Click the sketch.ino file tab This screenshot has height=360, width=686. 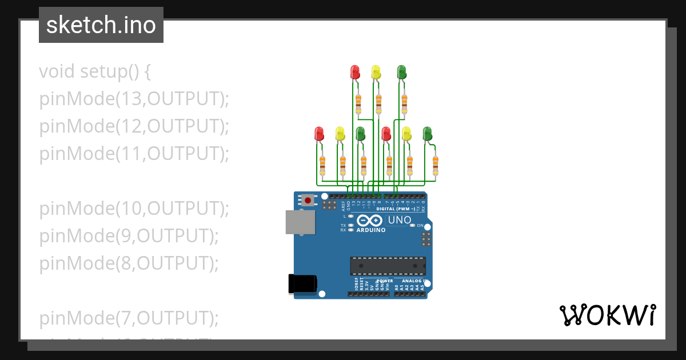click(101, 25)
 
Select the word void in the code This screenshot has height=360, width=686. click(57, 72)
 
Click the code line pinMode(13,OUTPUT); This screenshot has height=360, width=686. click(134, 99)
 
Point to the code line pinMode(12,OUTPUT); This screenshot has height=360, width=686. click(134, 126)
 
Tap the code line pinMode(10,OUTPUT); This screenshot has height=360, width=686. click(134, 209)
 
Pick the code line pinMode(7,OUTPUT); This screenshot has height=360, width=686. click(129, 318)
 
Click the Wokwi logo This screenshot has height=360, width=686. click(607, 315)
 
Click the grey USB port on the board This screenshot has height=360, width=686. click(300, 222)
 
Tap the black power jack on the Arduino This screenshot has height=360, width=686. click(302, 283)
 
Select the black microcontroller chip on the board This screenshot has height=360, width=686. click(388, 266)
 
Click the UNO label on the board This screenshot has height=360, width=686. click(400, 220)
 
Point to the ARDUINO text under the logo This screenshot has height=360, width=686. click(371, 230)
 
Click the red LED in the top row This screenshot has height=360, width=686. click(355, 72)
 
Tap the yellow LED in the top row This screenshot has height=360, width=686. click(376, 72)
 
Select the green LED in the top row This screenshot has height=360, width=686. click(401, 72)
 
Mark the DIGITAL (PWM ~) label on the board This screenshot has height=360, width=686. click(396, 209)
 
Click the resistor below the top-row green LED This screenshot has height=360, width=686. click(404, 103)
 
